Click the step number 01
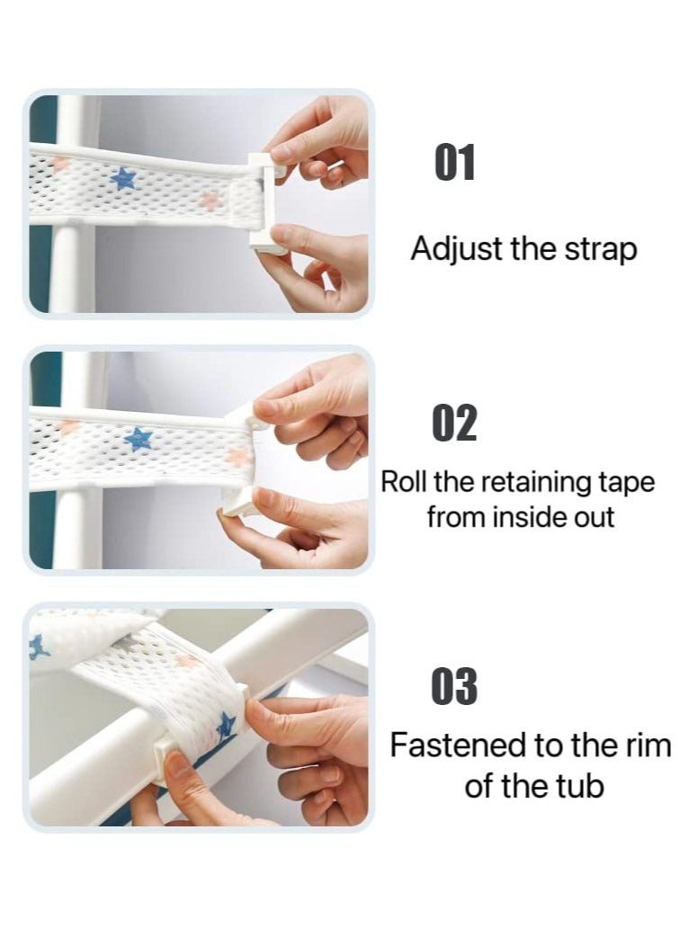pyautogui.click(x=454, y=162)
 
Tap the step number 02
pyautogui.click(x=454, y=423)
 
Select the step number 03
pyautogui.click(x=454, y=686)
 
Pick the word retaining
pyautogui.click(x=531, y=484)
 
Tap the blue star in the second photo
pyautogui.click(x=139, y=439)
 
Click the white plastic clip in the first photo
pyautogui.click(x=264, y=199)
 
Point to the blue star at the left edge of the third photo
pyautogui.click(x=37, y=647)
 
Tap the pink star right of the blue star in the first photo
pyautogui.click(x=209, y=200)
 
